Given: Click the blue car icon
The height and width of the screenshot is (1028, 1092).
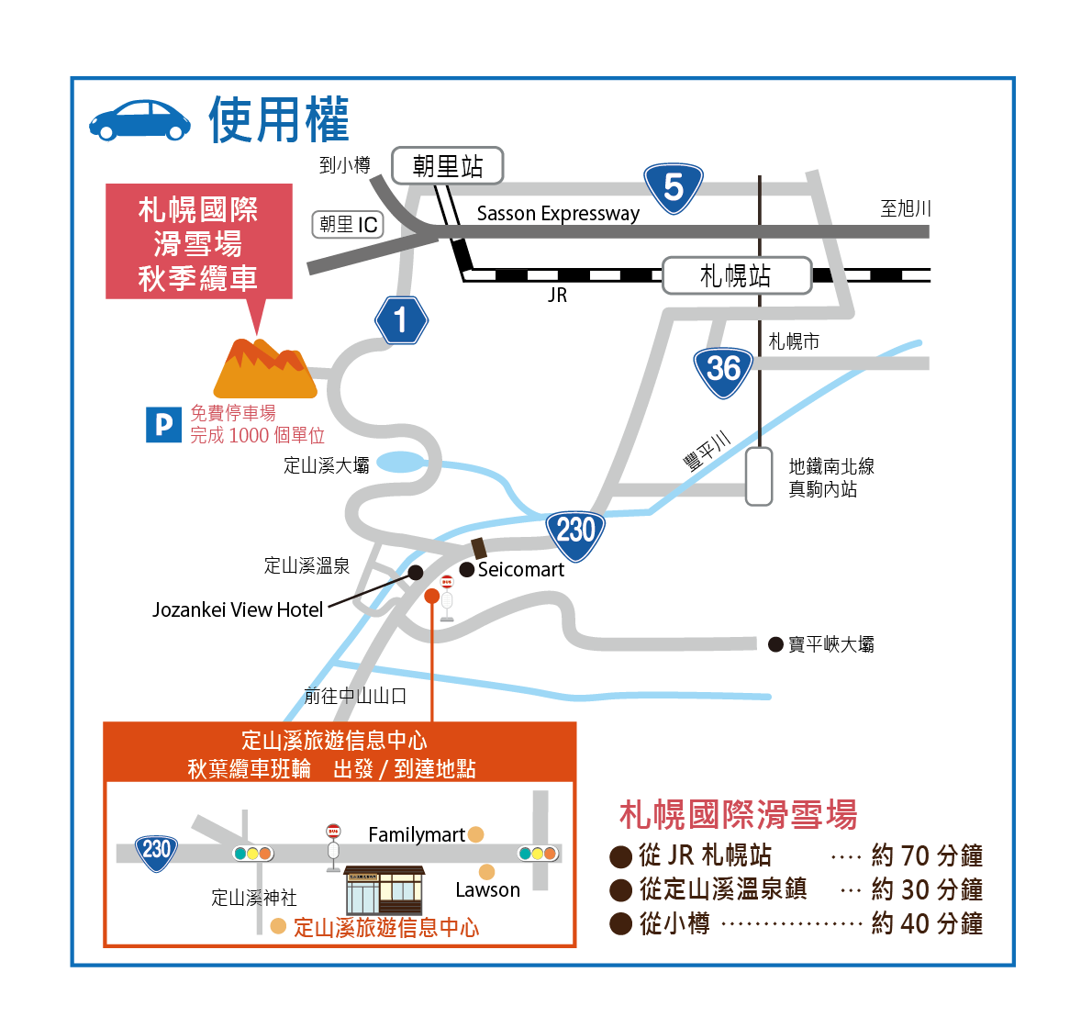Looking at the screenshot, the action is tap(139, 120).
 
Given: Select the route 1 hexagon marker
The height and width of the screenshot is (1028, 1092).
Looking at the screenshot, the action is tap(401, 320).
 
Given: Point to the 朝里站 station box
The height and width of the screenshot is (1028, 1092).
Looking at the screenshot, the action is tap(448, 166).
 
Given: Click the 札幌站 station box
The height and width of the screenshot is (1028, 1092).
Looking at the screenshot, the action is tap(737, 275).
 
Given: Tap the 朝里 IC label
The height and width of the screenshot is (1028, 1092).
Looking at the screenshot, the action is tap(348, 224).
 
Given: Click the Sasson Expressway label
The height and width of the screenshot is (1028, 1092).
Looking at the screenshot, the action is tap(558, 213).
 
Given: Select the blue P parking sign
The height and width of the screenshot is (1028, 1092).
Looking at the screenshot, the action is tap(163, 424).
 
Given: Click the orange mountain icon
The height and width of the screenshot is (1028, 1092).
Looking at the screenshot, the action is tap(264, 368).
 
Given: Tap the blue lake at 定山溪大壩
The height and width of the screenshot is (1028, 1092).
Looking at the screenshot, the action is tap(400, 462).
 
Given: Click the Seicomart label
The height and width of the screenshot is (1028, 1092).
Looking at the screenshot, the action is tap(521, 570).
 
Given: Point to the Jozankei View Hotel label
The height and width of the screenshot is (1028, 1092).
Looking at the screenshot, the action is tap(238, 610).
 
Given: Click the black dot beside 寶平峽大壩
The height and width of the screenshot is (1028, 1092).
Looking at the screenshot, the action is tap(775, 644).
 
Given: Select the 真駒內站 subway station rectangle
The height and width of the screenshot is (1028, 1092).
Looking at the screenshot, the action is tap(759, 476).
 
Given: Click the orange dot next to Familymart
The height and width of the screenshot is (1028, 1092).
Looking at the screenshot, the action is tap(475, 834).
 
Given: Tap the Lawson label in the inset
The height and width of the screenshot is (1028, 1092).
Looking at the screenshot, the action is tap(487, 890).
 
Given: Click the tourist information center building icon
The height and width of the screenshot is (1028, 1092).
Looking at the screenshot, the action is tap(384, 891).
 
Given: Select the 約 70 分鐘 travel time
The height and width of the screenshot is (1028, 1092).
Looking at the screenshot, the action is tap(927, 855).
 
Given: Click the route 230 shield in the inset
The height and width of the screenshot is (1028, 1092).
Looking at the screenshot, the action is tap(156, 854).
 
